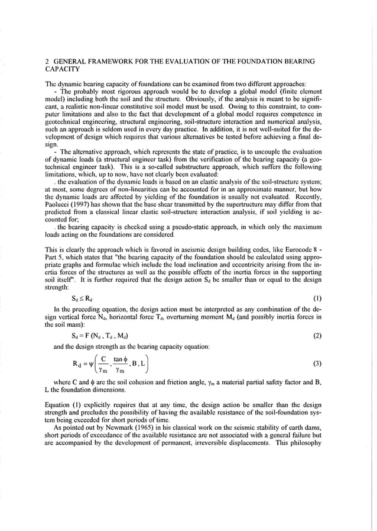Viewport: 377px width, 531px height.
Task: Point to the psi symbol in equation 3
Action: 87,364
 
